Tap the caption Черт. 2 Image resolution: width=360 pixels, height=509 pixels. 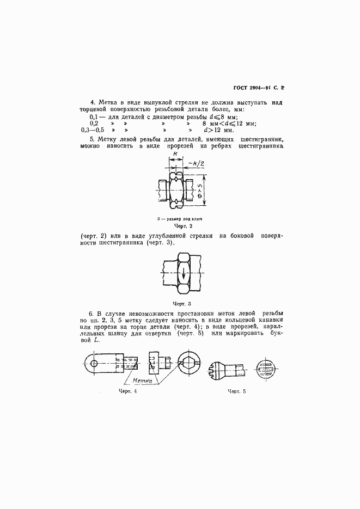tap(184, 225)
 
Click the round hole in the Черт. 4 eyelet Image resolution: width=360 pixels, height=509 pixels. tap(95, 363)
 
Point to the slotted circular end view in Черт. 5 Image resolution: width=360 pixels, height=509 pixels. tap(265, 363)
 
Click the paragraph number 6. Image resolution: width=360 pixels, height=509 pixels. tap(90, 314)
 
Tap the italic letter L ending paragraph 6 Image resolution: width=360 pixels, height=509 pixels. tap(96, 340)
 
